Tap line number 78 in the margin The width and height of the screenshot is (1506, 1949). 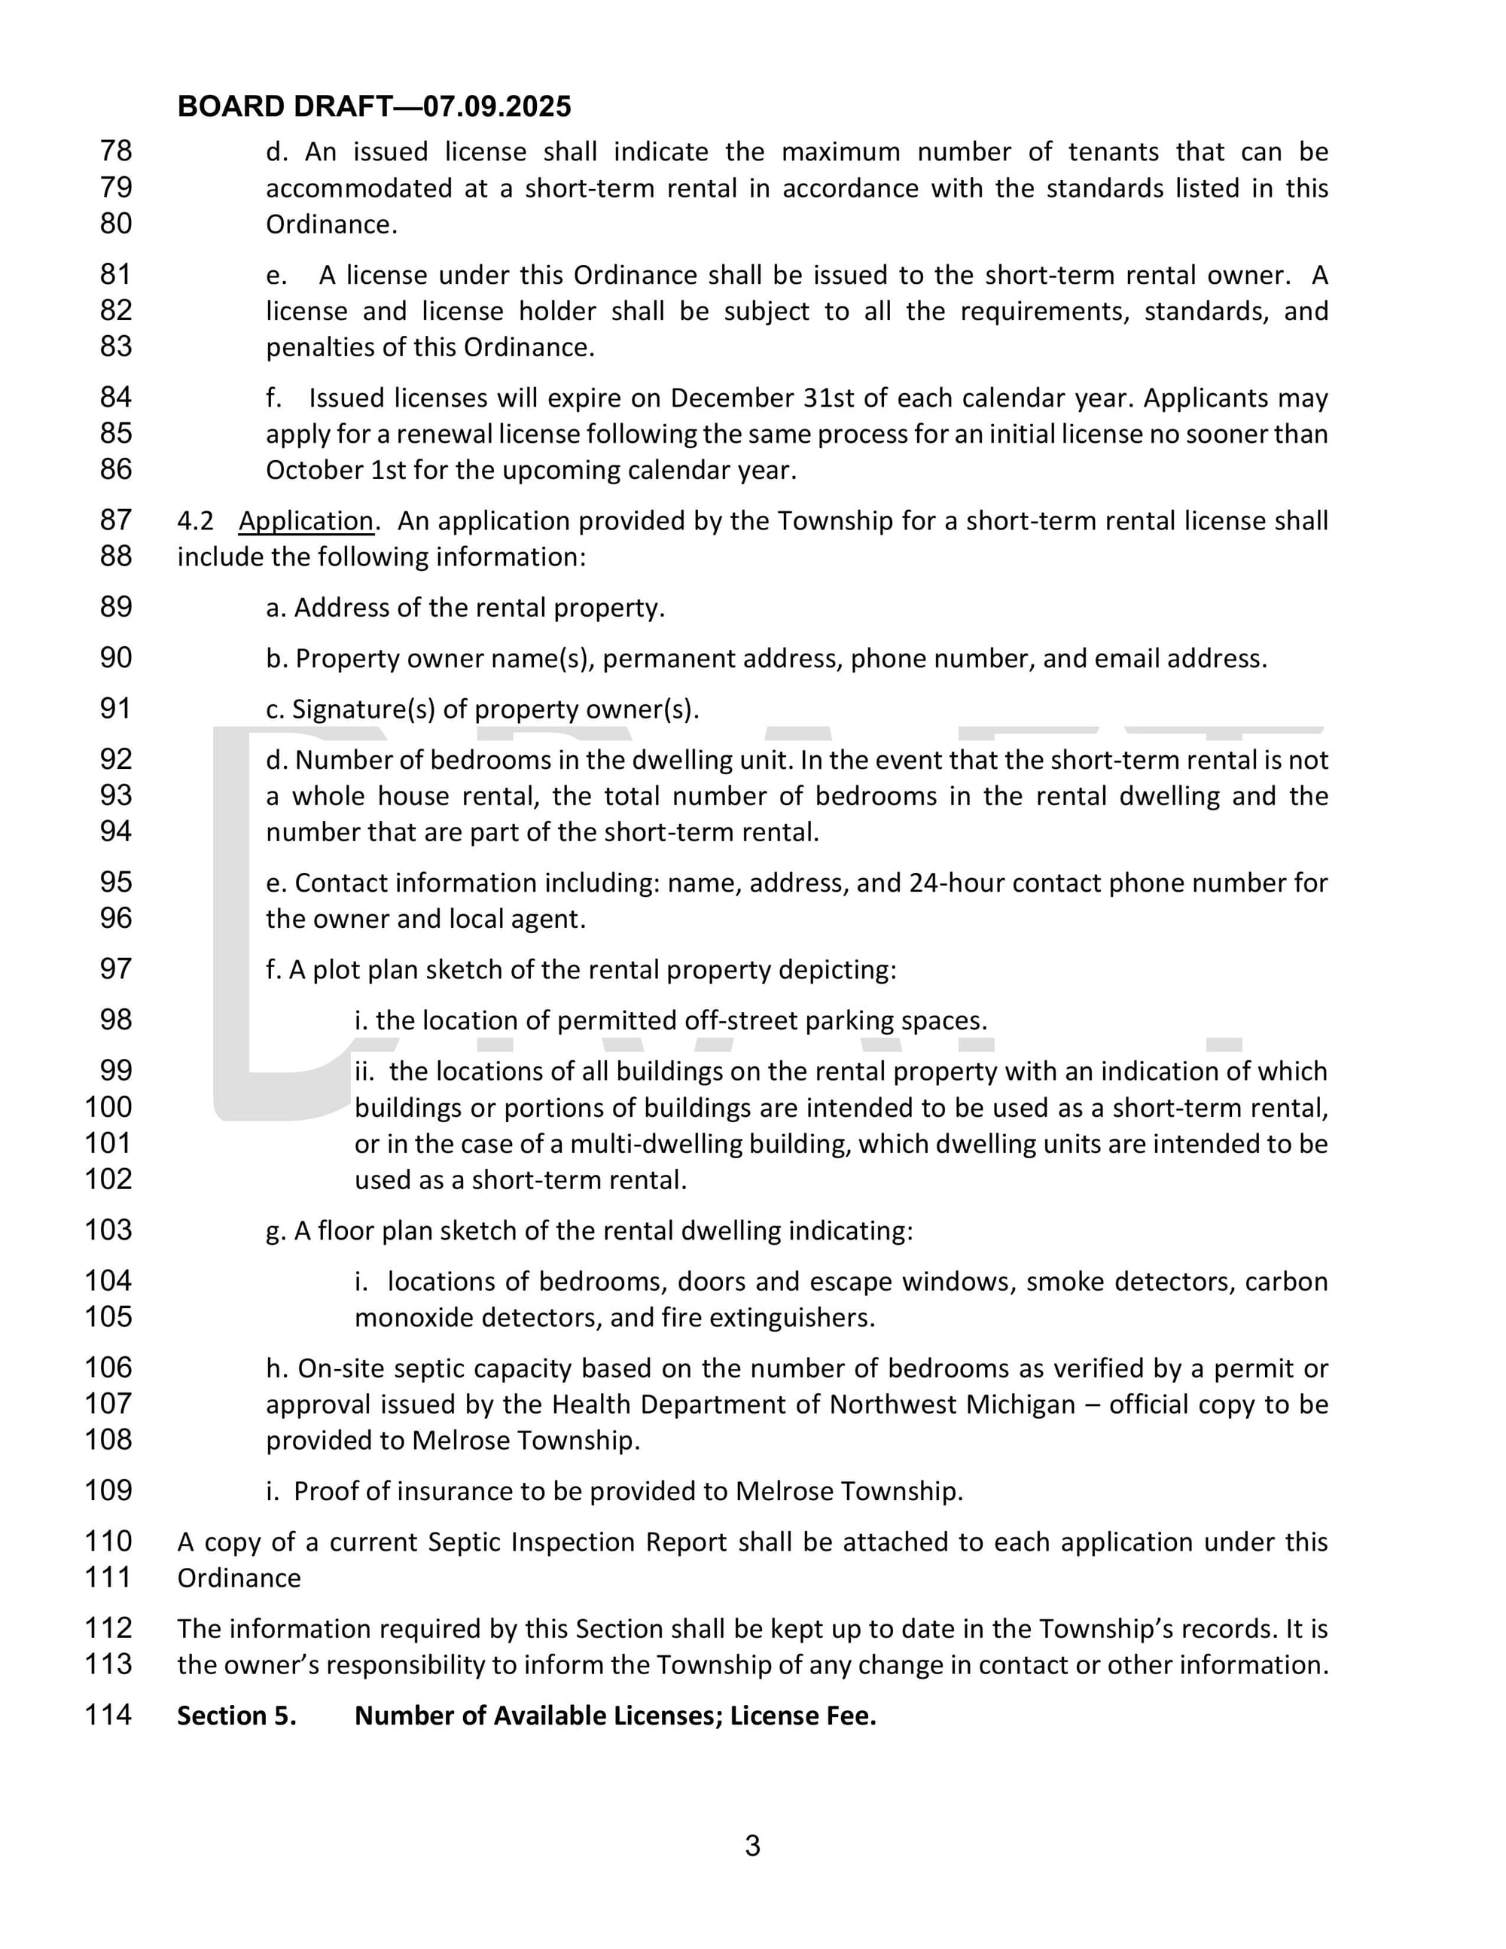(x=116, y=151)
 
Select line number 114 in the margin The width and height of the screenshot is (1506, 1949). (x=108, y=1714)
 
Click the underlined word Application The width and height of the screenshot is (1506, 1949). (x=306, y=520)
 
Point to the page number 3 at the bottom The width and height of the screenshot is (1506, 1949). (x=752, y=1846)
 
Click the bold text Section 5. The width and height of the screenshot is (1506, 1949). (x=236, y=1716)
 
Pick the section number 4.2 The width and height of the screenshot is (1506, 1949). (x=195, y=520)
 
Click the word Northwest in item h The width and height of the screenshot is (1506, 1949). (x=893, y=1404)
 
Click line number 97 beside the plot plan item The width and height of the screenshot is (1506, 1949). (x=116, y=968)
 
